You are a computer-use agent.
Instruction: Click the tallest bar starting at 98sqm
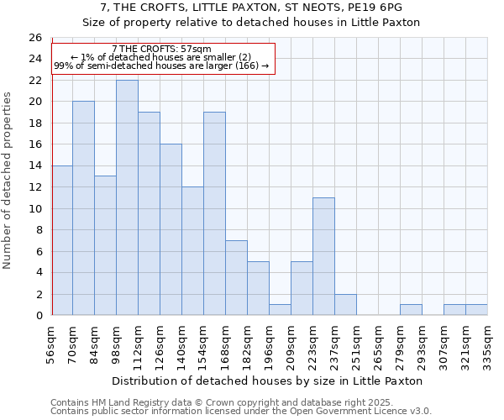pyautogui.click(x=127, y=197)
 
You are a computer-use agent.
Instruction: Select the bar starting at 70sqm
pyautogui.click(x=83, y=208)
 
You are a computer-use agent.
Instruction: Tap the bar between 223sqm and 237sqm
pyautogui.click(x=323, y=256)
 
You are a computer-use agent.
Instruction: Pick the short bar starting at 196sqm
pyautogui.click(x=280, y=310)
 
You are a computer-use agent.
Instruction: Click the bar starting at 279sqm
pyautogui.click(x=411, y=310)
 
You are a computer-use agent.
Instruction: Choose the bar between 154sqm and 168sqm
pyautogui.click(x=214, y=213)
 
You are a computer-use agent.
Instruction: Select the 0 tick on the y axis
pyautogui.click(x=38, y=316)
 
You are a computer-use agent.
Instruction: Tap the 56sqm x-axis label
pyautogui.click(x=51, y=344)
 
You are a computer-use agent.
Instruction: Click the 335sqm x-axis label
pyautogui.click(x=488, y=344)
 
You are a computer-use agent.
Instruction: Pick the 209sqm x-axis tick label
pyautogui.click(x=291, y=344)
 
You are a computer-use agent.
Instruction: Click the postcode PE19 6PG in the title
pyautogui.click(x=376, y=8)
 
